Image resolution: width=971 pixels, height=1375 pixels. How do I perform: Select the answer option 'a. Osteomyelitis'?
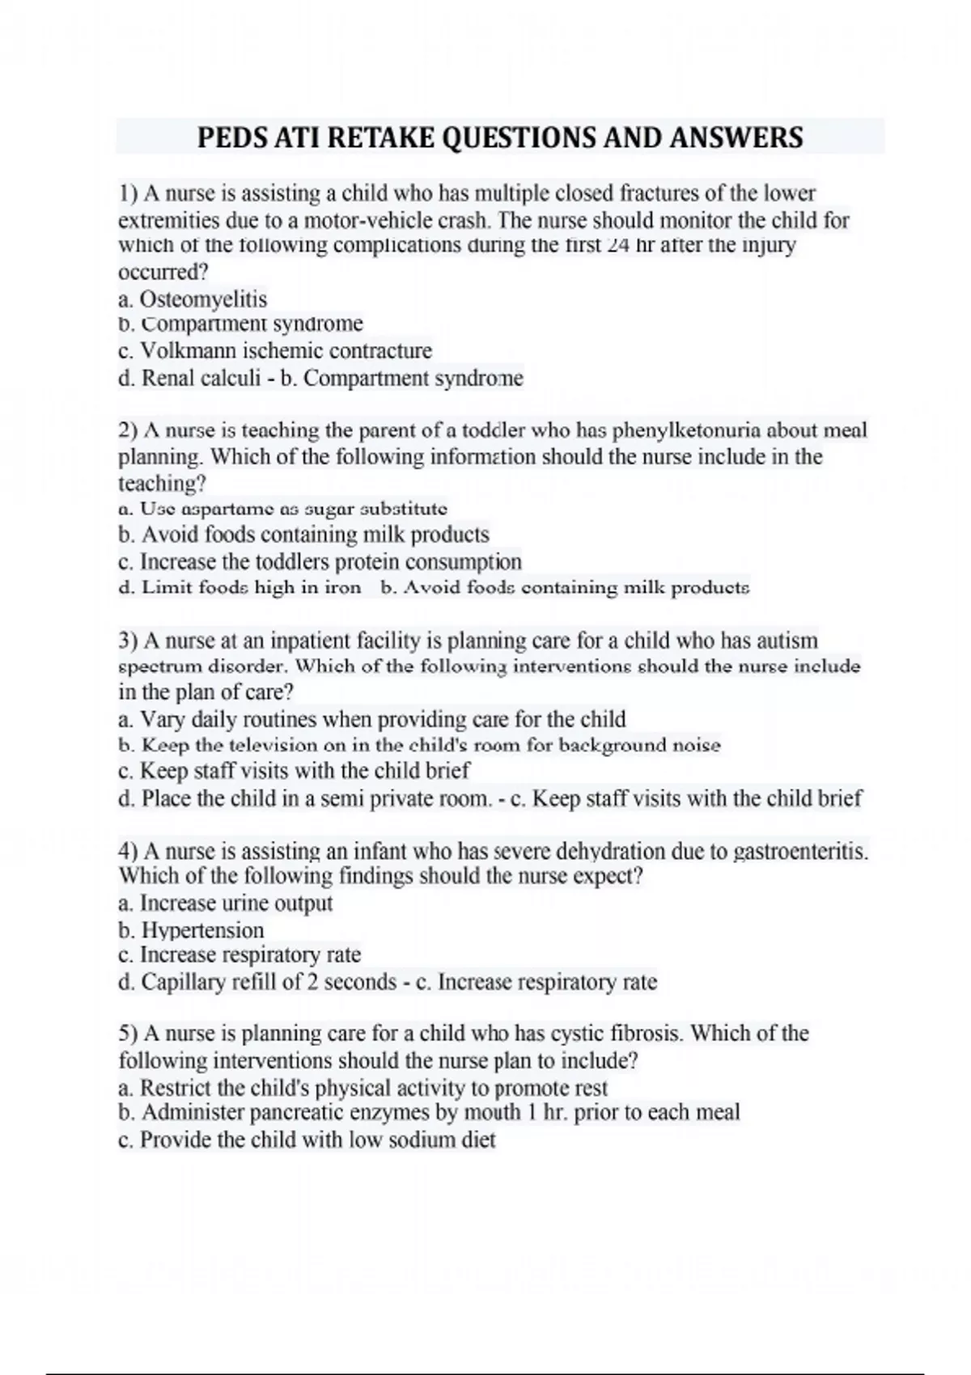pos(193,299)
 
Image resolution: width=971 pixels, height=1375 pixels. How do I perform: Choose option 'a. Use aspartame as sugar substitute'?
pos(282,509)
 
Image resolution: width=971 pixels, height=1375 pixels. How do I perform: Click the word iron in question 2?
pos(342,588)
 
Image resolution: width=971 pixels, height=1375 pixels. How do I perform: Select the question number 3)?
pos(129,641)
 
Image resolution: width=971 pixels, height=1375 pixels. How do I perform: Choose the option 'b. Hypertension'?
pos(191,930)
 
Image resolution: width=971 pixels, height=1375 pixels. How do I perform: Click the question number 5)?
pos(129,1034)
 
